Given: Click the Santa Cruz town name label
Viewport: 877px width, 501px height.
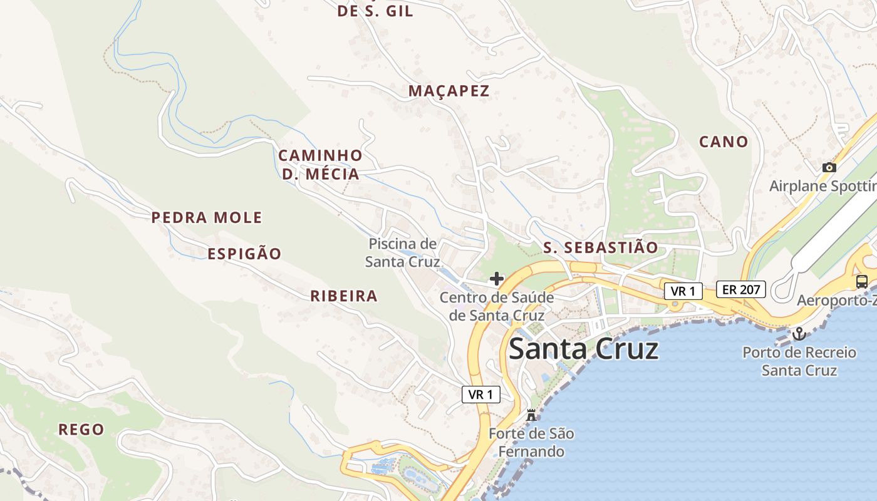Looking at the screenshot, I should tap(583, 349).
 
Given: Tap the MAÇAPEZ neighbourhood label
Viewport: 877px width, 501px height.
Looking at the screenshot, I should tap(449, 91).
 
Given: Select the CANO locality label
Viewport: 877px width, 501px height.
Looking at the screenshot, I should tap(724, 142).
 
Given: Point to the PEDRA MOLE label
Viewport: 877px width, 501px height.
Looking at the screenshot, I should tap(207, 218).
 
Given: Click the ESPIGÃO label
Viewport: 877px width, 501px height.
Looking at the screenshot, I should tap(244, 254).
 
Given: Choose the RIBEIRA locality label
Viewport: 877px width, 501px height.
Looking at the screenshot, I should tap(344, 296).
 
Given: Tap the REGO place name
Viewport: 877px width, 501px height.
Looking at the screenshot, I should tap(81, 430).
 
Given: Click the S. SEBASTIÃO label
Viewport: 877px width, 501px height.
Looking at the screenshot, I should tap(601, 247).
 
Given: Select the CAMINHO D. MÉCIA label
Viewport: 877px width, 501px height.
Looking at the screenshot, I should tap(320, 165).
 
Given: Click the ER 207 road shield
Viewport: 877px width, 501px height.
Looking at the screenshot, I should tap(741, 289).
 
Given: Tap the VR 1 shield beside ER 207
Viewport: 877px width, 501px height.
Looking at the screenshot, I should tap(683, 291).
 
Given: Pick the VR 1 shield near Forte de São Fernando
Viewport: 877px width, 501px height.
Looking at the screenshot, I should tap(481, 394).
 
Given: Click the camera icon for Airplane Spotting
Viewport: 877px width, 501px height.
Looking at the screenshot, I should tap(829, 167).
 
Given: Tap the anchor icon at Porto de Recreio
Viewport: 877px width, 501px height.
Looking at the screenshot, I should tap(798, 333).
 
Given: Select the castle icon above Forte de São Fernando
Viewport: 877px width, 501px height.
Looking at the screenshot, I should tap(531, 415).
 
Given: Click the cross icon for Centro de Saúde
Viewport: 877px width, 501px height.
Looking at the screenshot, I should tap(497, 278).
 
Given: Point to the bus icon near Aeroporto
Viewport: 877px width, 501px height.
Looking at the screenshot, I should tap(862, 281).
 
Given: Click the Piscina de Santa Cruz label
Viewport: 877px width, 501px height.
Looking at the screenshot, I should tap(402, 252).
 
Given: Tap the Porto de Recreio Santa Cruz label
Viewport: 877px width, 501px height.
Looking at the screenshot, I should tap(799, 361).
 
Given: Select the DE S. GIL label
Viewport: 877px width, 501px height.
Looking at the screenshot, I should tap(375, 11).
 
